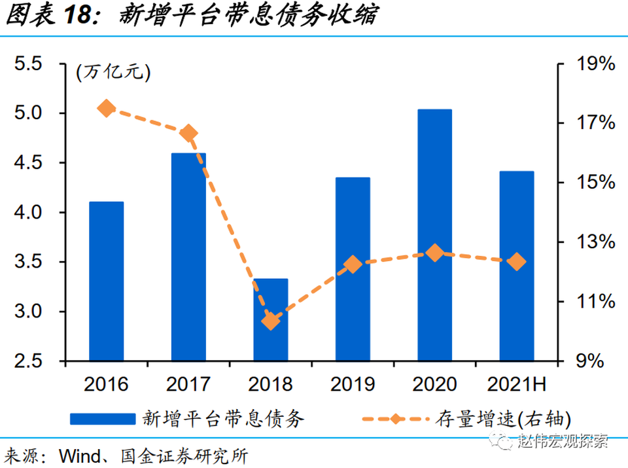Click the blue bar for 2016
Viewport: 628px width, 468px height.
point(107,281)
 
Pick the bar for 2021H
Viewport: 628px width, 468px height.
point(517,265)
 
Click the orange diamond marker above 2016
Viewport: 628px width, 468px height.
point(107,109)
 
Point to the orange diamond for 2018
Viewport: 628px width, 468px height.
point(271,321)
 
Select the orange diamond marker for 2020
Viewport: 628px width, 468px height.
point(435,253)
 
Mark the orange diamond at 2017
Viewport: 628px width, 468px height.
point(189,134)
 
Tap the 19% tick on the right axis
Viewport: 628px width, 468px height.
point(595,64)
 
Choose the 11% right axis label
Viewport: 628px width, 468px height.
point(595,302)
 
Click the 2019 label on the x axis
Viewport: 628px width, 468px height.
point(353,384)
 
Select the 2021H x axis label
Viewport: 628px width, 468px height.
point(517,384)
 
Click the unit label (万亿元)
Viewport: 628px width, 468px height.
point(113,72)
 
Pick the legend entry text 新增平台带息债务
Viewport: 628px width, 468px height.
point(223,418)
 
